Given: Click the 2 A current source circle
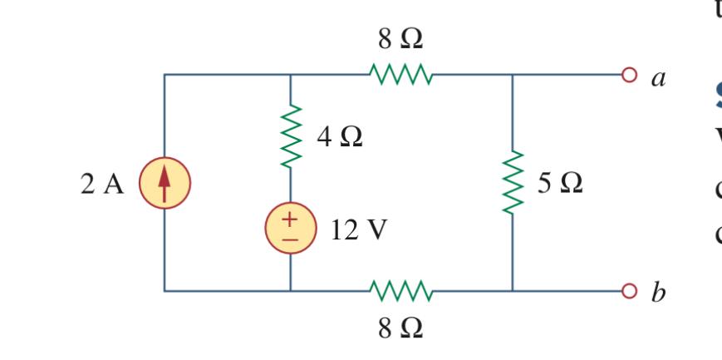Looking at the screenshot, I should pyautogui.click(x=164, y=183).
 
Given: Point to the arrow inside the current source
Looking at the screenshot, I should pyautogui.click(x=164, y=182).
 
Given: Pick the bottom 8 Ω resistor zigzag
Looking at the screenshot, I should pyautogui.click(x=401, y=291).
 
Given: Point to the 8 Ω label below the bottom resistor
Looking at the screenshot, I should pyautogui.click(x=401, y=327).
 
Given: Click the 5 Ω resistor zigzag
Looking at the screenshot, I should pyautogui.click(x=513, y=182).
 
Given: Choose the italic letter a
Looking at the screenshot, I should pyautogui.click(x=659, y=79).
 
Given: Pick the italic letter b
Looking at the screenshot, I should pyautogui.click(x=659, y=293).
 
